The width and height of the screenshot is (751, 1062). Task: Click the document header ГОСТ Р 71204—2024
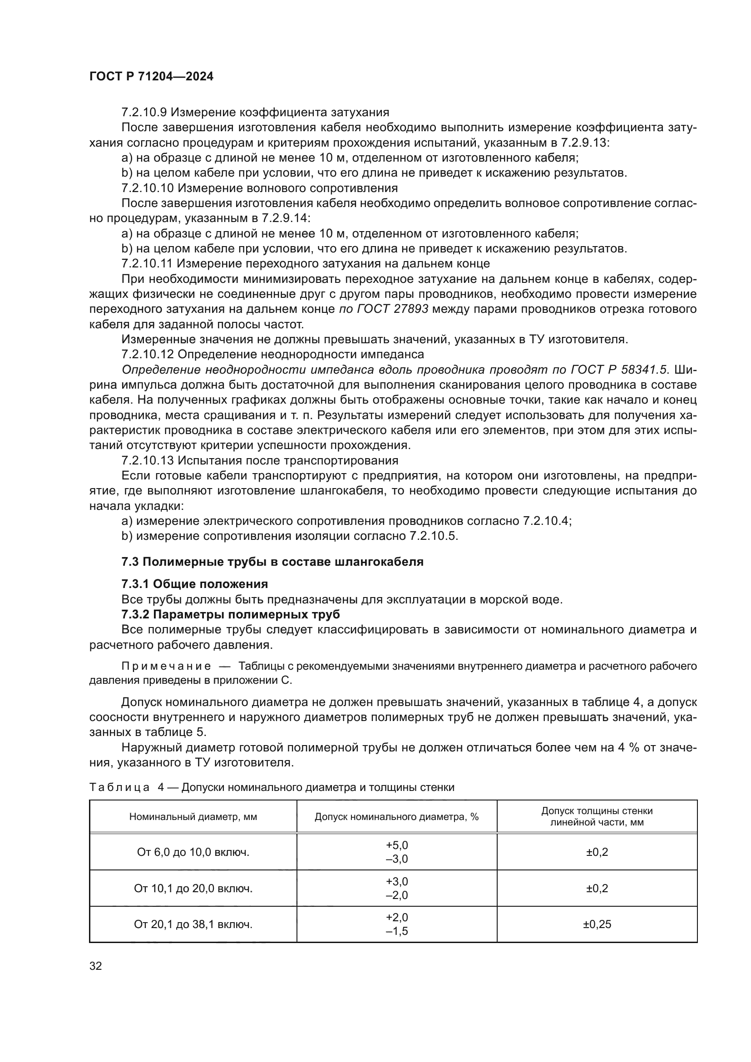[151, 77]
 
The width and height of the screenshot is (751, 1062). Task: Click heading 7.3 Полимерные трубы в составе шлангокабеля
[272, 562]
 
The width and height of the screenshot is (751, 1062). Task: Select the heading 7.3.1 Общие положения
[195, 584]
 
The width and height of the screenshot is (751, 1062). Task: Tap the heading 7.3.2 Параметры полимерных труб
[230, 614]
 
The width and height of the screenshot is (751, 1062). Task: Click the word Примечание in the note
[166, 666]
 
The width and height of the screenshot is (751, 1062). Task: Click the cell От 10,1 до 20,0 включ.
[193, 888]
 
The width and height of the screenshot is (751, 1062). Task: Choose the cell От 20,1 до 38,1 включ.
[193, 924]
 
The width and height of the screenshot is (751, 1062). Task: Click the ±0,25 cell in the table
[597, 924]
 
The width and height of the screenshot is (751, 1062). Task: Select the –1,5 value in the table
[397, 931]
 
